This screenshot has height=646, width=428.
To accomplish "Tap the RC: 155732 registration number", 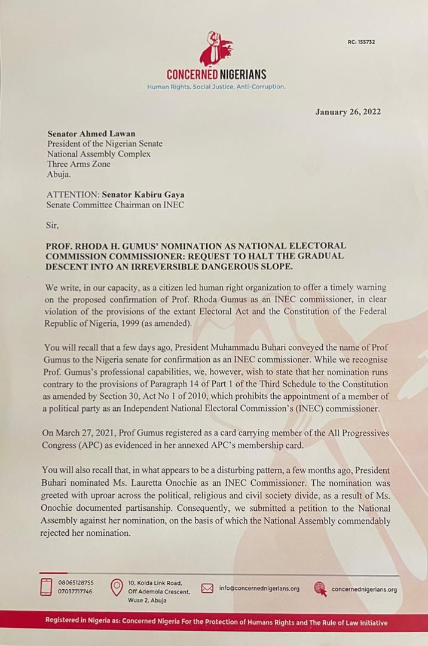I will (x=362, y=42).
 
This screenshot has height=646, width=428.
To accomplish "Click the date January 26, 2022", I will (x=348, y=112).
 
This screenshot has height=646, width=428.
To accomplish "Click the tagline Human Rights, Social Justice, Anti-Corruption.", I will (x=216, y=87).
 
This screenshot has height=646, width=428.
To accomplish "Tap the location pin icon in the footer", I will (x=117, y=587).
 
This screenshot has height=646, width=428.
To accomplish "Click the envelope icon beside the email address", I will (x=207, y=588).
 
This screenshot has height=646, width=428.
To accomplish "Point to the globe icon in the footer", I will (x=320, y=589).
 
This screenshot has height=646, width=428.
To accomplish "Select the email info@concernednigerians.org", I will (x=259, y=589).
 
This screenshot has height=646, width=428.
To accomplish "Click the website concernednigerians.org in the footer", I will (x=363, y=589).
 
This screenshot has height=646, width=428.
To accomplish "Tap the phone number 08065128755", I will (x=76, y=582).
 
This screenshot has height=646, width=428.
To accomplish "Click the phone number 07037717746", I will (x=76, y=591).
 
